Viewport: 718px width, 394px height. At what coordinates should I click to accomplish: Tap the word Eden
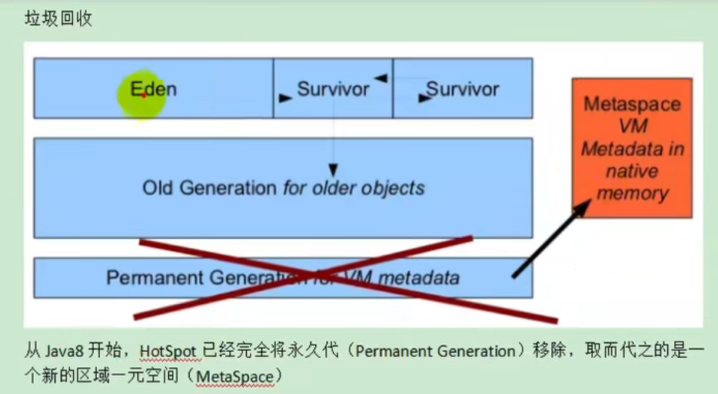click(x=153, y=88)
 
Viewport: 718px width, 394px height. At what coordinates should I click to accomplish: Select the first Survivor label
click(x=333, y=89)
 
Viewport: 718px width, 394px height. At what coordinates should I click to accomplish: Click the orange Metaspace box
click(x=632, y=147)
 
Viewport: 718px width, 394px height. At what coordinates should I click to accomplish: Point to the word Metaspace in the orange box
click(x=632, y=104)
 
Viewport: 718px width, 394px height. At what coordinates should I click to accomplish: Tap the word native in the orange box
click(x=632, y=171)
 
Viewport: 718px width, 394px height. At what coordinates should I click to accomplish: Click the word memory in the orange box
click(x=632, y=193)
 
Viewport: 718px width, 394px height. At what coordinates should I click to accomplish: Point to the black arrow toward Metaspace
click(x=552, y=237)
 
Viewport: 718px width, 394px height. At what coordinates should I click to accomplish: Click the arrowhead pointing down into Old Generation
click(x=333, y=169)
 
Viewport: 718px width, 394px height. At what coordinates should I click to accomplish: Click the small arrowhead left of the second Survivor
click(x=422, y=98)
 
